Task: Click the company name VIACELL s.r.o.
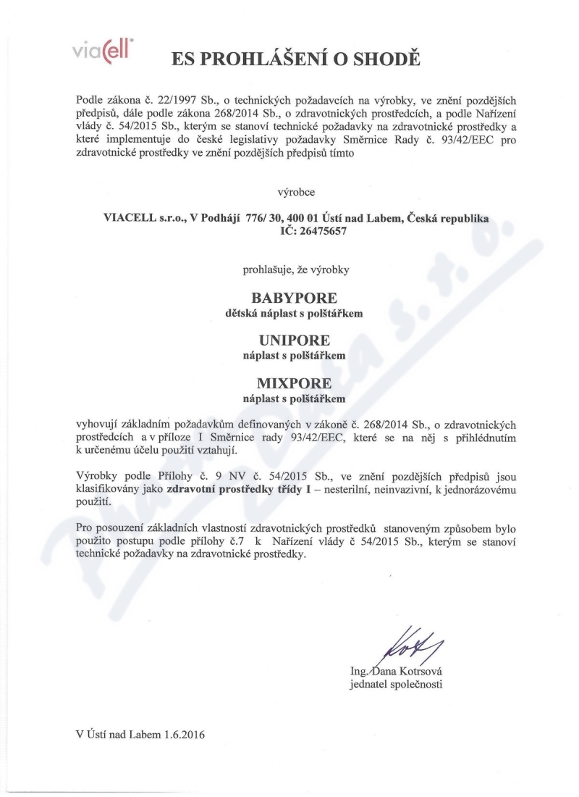click(x=140, y=217)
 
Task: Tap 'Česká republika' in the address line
click(x=449, y=217)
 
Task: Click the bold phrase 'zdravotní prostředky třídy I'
click(x=240, y=488)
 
